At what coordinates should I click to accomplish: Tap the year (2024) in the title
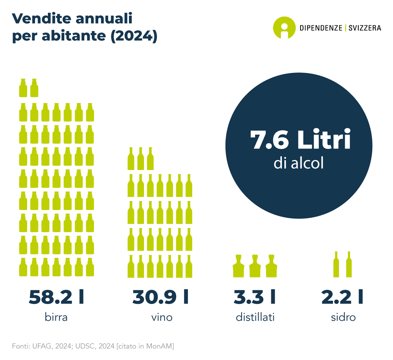134,36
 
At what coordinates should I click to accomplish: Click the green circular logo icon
284,28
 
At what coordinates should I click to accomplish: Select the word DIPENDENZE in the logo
321,28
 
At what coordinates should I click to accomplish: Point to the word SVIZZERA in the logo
365,28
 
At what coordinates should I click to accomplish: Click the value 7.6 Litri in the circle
300,139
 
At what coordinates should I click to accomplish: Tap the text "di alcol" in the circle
299,163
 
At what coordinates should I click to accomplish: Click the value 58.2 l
56,297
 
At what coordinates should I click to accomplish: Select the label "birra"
56,317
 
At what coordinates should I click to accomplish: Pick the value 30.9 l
160,297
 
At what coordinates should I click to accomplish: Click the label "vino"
162,317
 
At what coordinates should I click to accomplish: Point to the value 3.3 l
254,297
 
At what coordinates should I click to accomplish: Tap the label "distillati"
255,317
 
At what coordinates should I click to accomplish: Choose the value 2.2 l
342,297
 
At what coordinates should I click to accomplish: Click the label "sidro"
343,317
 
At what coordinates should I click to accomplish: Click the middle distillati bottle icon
255,266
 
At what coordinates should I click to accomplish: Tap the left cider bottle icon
336,265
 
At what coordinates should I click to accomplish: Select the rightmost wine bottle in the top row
150,159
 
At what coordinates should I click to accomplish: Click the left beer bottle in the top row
23,88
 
